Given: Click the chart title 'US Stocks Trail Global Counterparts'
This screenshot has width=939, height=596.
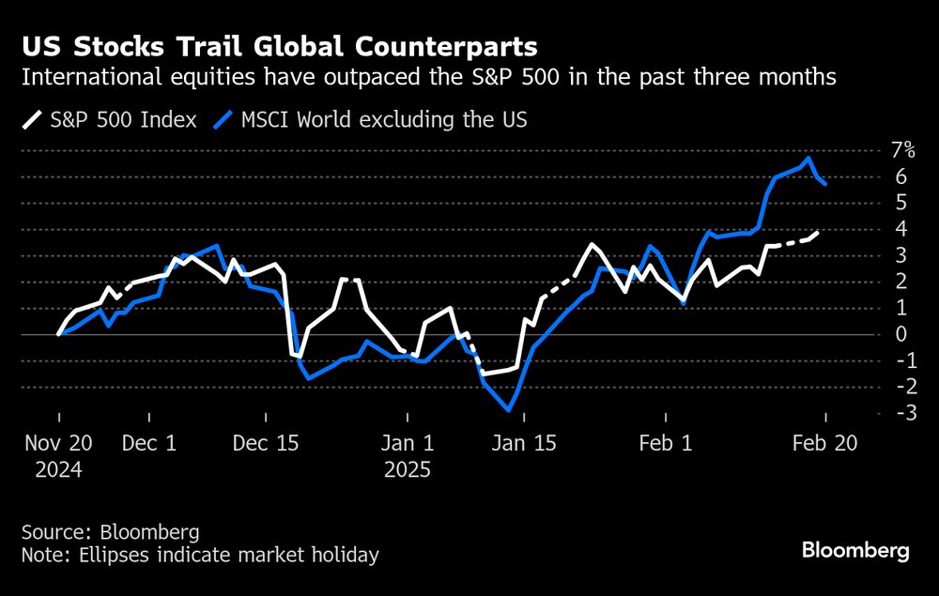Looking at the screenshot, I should (281, 46).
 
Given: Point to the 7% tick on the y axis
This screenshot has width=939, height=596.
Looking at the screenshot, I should (901, 150).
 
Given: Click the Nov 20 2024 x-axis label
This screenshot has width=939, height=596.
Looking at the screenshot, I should (59, 455).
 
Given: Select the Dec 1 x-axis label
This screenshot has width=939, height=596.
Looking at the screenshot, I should (149, 443).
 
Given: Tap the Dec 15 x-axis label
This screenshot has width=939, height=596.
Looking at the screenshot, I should (268, 443).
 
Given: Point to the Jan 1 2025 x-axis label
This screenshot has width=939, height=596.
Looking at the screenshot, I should (406, 455).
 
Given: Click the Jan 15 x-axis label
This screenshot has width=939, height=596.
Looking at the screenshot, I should (523, 443).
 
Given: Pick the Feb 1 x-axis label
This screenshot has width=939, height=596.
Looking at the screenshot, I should (665, 443).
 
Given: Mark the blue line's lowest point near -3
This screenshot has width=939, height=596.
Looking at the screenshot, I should (509, 410).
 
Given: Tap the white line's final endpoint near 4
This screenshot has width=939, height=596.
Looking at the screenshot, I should (818, 232).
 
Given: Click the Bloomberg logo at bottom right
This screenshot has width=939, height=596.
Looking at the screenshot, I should (855, 550).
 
